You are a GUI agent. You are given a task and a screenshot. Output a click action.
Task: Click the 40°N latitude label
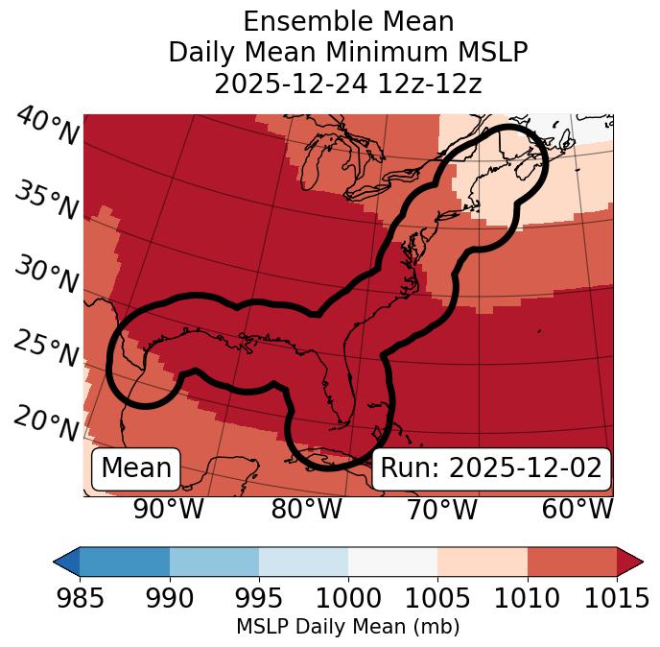tap(46, 128)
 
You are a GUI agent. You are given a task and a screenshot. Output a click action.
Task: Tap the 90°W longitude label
tap(168, 510)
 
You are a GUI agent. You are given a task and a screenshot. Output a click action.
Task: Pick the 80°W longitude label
tap(306, 510)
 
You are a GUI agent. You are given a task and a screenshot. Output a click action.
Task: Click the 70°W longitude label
tap(441, 510)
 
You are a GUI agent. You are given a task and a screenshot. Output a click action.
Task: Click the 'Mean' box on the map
tap(136, 468)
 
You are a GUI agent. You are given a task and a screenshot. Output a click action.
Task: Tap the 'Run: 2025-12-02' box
tap(491, 468)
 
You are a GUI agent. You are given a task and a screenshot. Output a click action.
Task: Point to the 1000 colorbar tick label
tap(347, 598)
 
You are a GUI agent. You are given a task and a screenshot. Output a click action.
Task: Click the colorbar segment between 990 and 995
tap(214, 561)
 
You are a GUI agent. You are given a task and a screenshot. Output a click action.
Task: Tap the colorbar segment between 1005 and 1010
tap(483, 561)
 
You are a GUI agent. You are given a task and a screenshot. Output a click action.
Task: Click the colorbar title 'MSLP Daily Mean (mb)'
tap(347, 627)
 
